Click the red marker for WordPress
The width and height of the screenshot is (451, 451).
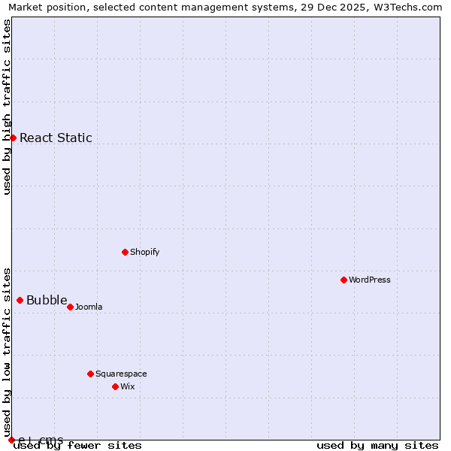(344, 280)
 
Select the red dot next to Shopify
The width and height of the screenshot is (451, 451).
(125, 252)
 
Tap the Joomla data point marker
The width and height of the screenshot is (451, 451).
(70, 307)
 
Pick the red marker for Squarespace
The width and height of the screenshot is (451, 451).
(90, 374)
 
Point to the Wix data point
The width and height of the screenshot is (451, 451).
(115, 386)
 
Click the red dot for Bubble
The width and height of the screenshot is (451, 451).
(20, 300)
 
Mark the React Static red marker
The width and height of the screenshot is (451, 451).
(13, 138)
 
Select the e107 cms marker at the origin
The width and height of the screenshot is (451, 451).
(11, 440)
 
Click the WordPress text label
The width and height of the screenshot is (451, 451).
(370, 280)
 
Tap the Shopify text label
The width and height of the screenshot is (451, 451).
(144, 252)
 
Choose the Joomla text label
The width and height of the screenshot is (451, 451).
(89, 307)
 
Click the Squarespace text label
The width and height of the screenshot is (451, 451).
(121, 374)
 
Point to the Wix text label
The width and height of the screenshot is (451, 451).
(127, 386)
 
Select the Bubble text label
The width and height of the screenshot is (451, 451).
(47, 301)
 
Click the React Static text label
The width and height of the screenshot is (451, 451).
(56, 138)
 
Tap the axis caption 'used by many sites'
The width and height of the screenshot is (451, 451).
(377, 445)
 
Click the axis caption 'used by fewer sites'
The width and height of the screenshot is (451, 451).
(78, 445)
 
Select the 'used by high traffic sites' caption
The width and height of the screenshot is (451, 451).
(7, 107)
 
